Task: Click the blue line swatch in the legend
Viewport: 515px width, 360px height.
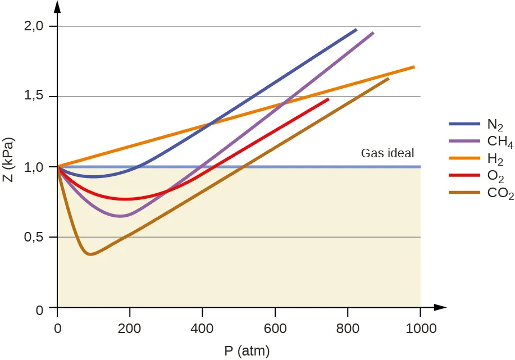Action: coord(464,124)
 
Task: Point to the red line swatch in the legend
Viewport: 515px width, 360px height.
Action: coord(464,176)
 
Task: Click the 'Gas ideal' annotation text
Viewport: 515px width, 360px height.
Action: coord(387,153)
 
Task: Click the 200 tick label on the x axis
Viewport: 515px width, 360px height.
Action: coord(130,329)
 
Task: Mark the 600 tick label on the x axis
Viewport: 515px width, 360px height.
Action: coord(275,329)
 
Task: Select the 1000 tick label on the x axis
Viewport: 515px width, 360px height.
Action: coord(420,329)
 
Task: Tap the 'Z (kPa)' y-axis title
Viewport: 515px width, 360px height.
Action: coord(8,167)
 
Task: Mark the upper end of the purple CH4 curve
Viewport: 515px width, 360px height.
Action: coord(373,33)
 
